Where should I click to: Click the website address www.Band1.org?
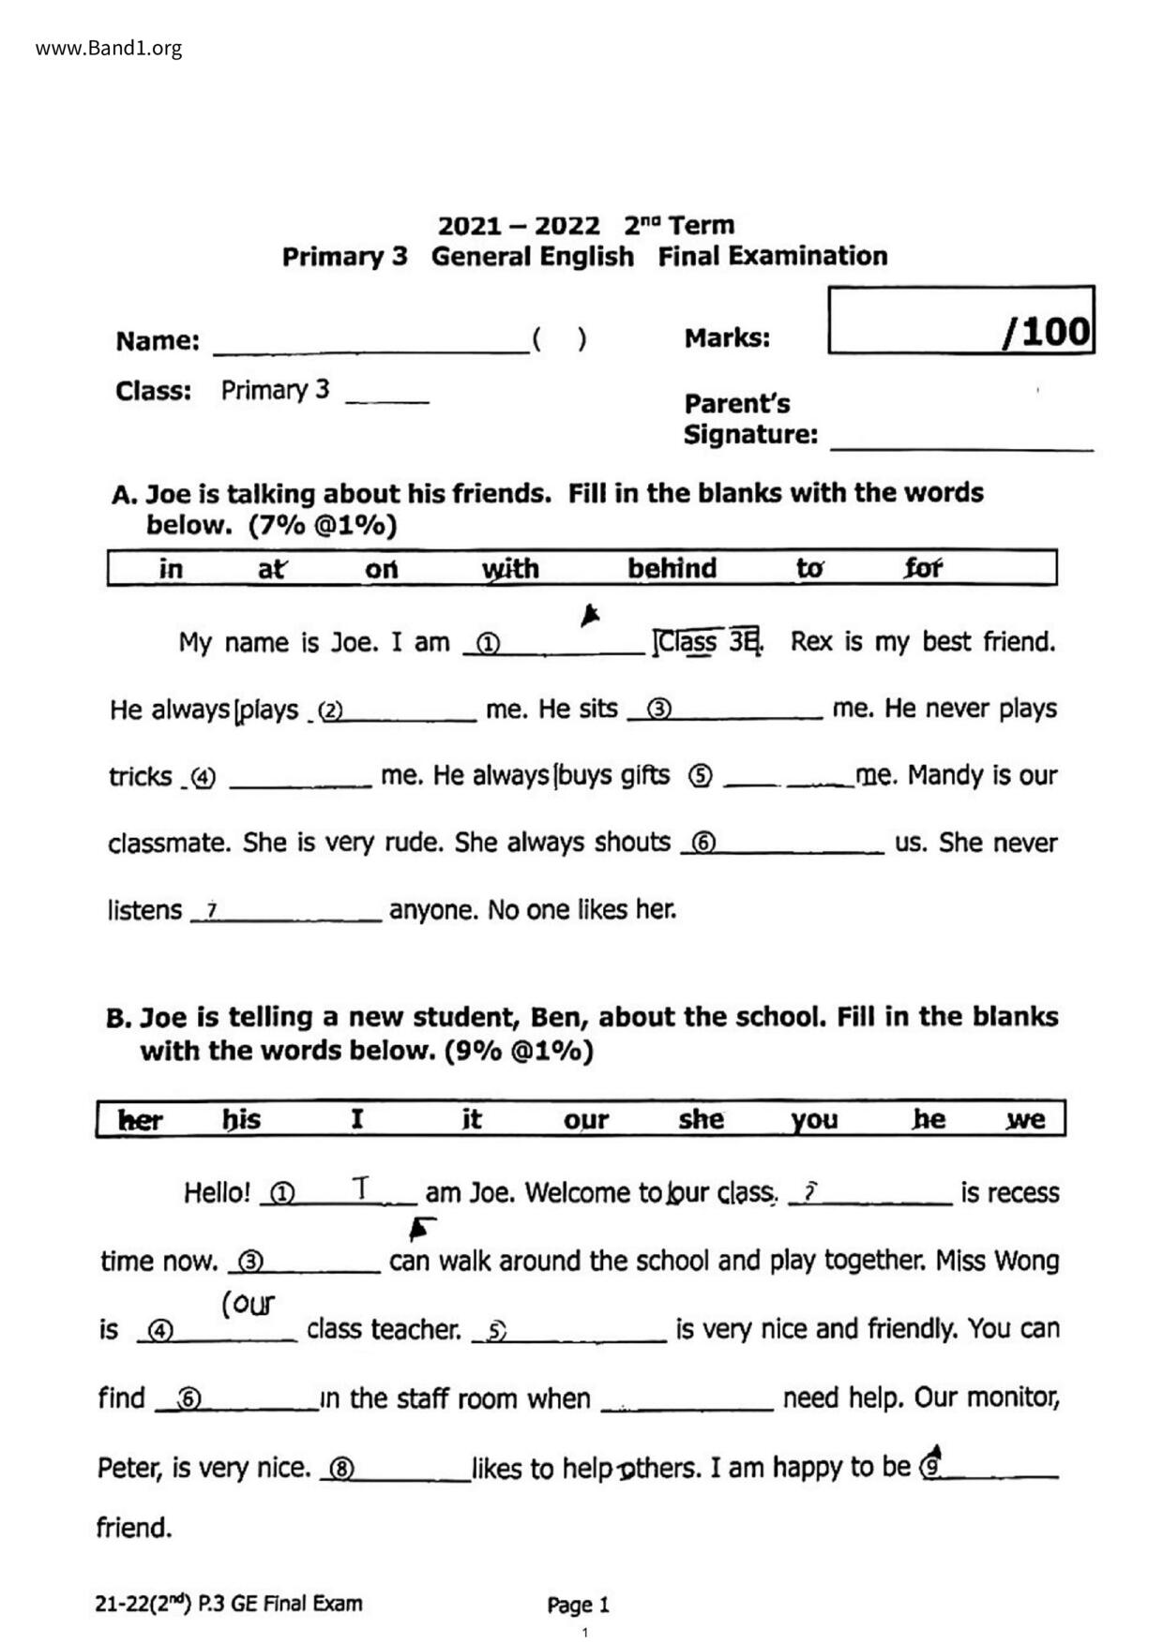tap(109, 49)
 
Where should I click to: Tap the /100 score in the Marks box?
tap(1047, 332)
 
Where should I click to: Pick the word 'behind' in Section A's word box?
tap(672, 568)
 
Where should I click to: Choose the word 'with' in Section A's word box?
tap(510, 569)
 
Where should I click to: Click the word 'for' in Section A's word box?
tap(923, 568)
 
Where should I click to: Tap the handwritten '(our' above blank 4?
tap(249, 1304)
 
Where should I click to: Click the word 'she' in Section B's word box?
tap(701, 1119)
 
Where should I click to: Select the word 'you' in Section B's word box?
tap(813, 1119)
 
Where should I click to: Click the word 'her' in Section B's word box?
tap(141, 1120)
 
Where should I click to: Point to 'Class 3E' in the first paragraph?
tap(708, 642)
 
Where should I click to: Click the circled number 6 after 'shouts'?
tap(702, 844)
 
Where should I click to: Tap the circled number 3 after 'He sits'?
tap(659, 710)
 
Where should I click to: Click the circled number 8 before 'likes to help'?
tap(342, 1469)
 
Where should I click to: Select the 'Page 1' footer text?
tap(578, 1605)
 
